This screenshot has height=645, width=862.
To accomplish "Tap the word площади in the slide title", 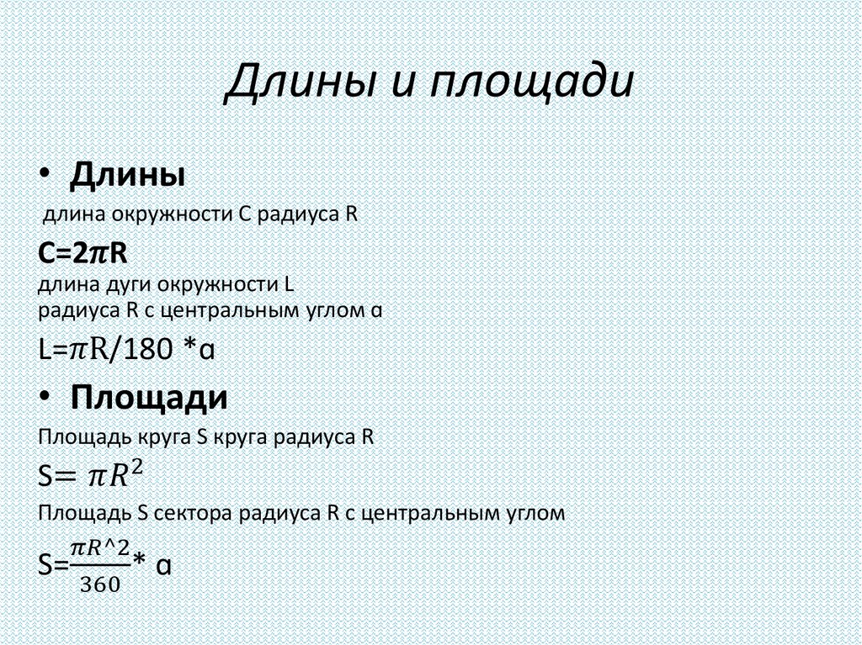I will click(x=529, y=82).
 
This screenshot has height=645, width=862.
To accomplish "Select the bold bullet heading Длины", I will click(x=128, y=177).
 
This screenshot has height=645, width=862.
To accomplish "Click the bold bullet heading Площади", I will click(x=149, y=397).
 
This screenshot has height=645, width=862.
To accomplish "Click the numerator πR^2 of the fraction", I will click(x=99, y=548).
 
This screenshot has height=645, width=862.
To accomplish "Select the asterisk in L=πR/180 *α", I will click(x=189, y=349).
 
